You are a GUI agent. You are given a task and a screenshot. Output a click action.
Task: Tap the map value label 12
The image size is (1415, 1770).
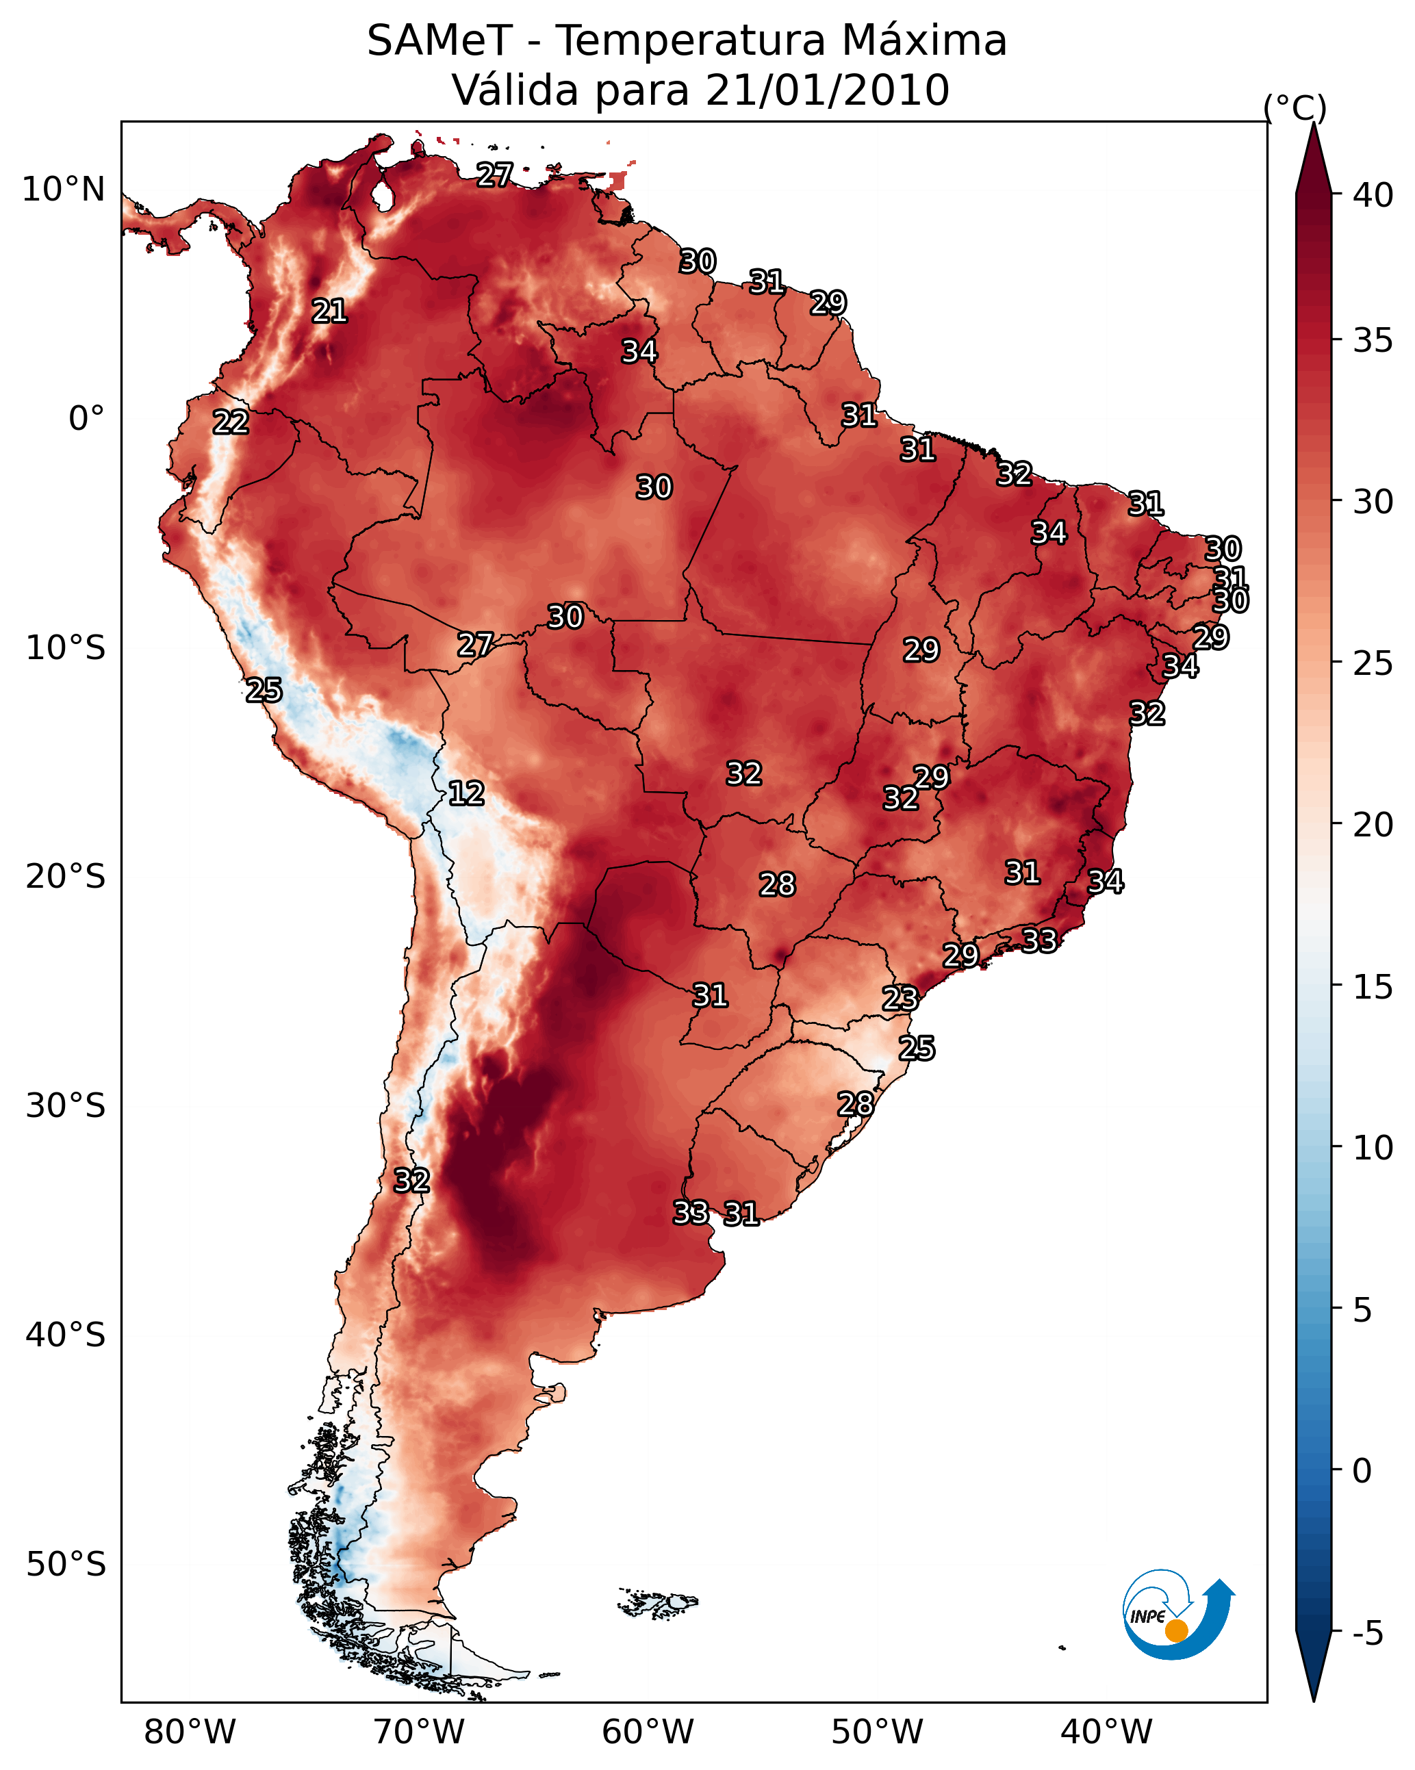(x=466, y=793)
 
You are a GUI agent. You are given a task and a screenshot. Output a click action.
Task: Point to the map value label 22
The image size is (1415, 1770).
(x=231, y=422)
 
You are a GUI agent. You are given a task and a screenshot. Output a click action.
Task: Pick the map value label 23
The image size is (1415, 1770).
(x=900, y=999)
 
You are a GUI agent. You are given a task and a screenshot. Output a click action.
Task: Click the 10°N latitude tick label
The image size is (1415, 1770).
(x=63, y=190)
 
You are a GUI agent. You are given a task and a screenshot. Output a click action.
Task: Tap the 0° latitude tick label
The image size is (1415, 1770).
(x=87, y=419)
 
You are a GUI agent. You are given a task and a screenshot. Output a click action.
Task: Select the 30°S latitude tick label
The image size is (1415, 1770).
(x=66, y=1106)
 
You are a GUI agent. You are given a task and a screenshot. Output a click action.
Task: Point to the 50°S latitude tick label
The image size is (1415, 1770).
(x=66, y=1565)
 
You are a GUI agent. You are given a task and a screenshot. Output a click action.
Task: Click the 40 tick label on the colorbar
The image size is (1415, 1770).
(x=1373, y=195)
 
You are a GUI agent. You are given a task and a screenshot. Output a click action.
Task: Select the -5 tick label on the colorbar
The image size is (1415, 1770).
(x=1368, y=1634)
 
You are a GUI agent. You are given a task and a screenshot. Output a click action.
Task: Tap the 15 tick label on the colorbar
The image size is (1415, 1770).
(x=1373, y=987)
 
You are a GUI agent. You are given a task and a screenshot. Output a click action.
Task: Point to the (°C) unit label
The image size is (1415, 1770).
(x=1295, y=107)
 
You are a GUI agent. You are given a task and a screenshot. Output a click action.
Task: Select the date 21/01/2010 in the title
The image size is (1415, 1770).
(x=828, y=90)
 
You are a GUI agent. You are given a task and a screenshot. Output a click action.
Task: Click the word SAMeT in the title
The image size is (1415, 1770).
(x=439, y=41)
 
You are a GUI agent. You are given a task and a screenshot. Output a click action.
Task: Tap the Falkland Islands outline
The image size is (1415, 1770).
(x=658, y=1602)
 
